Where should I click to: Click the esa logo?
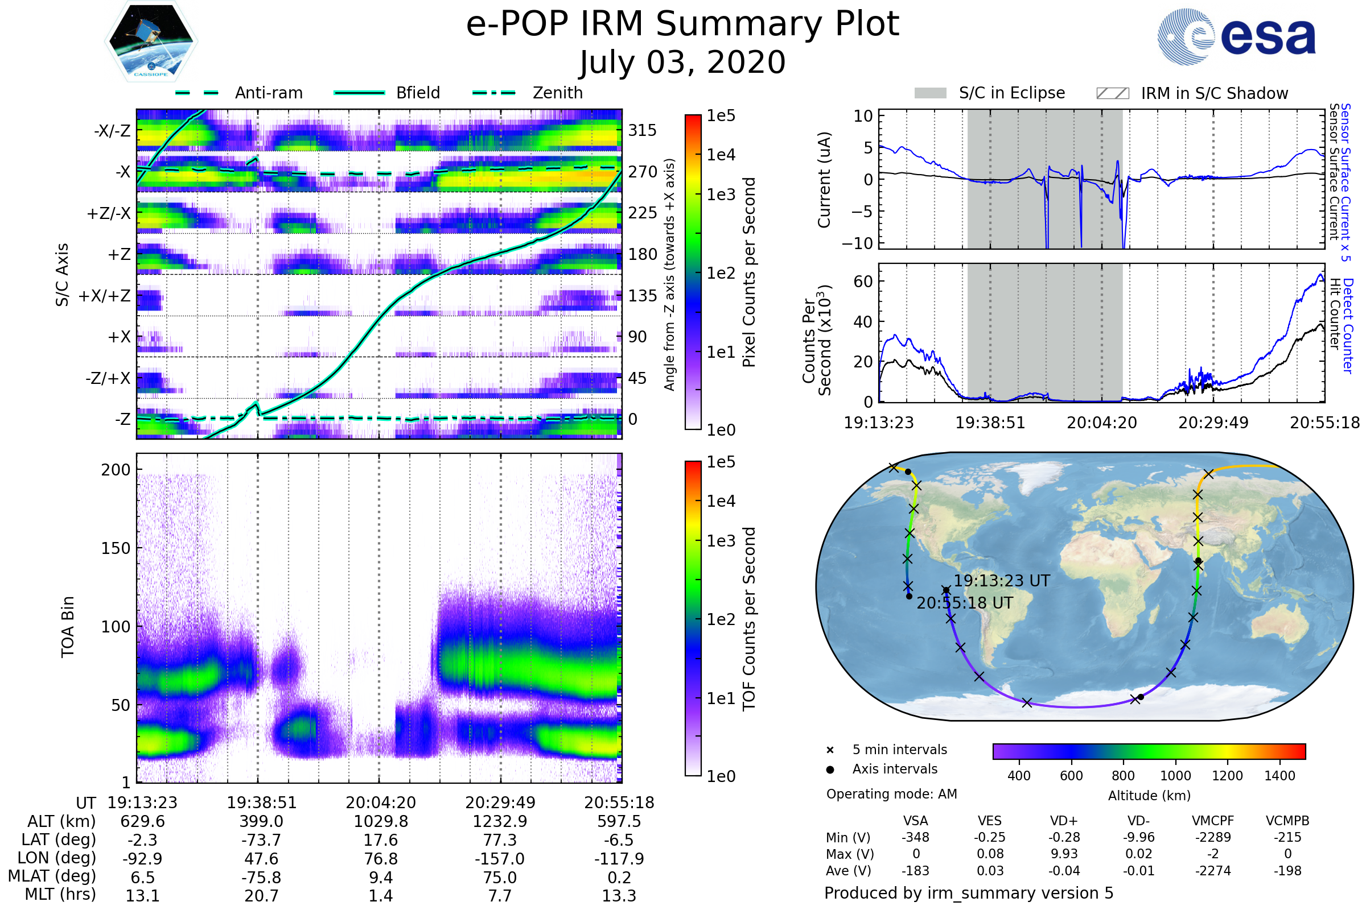[1236, 36]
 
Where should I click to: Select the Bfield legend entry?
[387, 93]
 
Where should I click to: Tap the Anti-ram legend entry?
[238, 93]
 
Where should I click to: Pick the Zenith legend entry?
[528, 93]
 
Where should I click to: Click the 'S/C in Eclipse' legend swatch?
[931, 93]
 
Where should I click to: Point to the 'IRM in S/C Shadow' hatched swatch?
[1113, 93]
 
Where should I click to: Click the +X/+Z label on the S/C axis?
[105, 296]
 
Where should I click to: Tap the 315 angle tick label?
[643, 130]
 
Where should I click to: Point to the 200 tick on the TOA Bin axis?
[116, 470]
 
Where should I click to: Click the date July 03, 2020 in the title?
[682, 63]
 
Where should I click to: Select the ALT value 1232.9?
[500, 821]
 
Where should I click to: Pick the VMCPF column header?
[1213, 821]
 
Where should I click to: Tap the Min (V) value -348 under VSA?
[915, 837]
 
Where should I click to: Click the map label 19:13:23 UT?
[1002, 581]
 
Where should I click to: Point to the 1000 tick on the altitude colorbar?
[1175, 776]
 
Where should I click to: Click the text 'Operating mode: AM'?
[891, 794]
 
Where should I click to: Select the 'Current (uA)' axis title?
[824, 180]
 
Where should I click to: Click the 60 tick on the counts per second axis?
[863, 282]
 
